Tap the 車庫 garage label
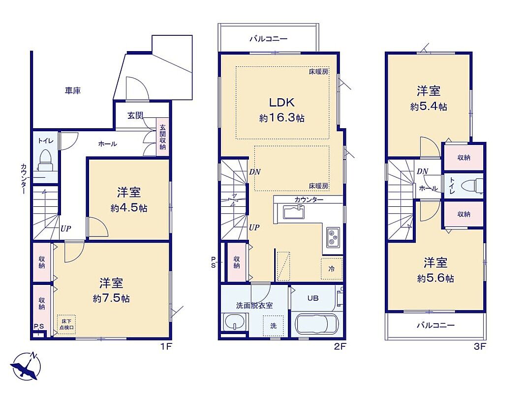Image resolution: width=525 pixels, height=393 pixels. click(73, 90)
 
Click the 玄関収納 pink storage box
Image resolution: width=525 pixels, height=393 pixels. click(163, 137)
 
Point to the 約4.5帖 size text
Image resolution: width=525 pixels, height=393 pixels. click(129, 208)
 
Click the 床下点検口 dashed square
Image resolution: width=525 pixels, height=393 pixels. click(66, 324)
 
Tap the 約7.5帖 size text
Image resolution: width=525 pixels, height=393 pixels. click(111, 298)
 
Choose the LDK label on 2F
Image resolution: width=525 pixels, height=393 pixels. click(282, 102)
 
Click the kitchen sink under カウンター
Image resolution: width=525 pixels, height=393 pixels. click(294, 212)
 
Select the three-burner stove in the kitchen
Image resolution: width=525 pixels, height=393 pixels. click(333, 238)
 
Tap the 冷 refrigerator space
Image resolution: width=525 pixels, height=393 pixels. click(332, 269)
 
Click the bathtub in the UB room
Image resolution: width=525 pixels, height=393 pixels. click(316, 325)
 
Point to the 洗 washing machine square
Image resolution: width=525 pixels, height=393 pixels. click(273, 326)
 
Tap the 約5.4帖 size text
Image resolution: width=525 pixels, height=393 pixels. click(429, 107)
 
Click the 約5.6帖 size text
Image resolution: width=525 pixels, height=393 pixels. click(435, 278)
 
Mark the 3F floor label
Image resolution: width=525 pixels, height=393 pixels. click(479, 346)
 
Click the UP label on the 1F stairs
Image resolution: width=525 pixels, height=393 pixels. click(65, 228)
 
